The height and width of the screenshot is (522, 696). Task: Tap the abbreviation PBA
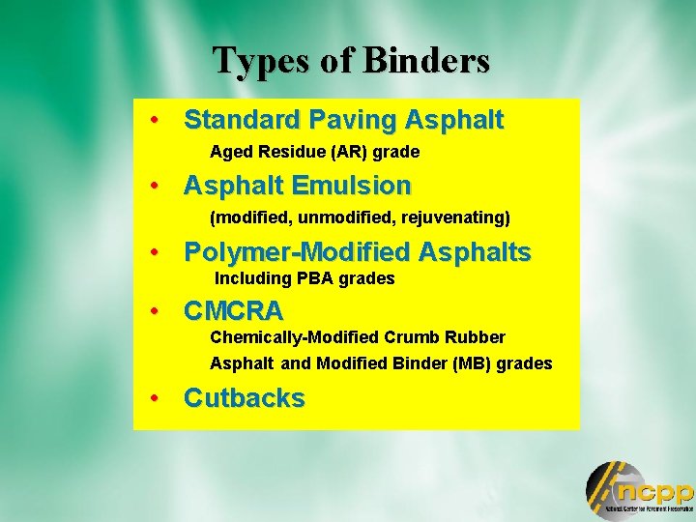314,278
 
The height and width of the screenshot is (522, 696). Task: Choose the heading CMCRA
233,311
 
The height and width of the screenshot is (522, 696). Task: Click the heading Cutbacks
244,398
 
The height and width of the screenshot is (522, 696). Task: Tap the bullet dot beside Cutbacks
154,398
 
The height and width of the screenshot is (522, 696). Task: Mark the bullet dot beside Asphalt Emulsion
154,185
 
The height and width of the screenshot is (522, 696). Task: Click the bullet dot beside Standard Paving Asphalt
154,121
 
